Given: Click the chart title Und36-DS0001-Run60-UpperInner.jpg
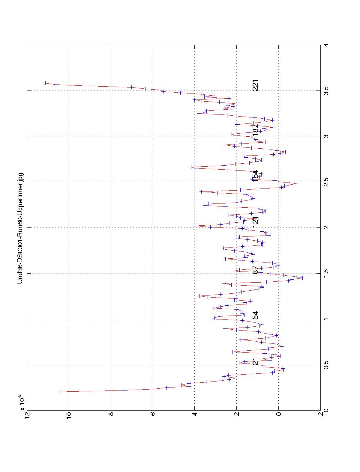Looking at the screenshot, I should pyautogui.click(x=20, y=228).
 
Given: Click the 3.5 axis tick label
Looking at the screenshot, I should pyautogui.click(x=325, y=91).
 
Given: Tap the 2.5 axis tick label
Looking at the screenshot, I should pyautogui.click(x=325, y=182).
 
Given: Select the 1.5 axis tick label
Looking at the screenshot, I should pyautogui.click(x=325, y=273).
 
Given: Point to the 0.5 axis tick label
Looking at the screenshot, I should pyautogui.click(x=325, y=365).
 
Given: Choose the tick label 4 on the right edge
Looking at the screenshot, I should pyautogui.click(x=325, y=45).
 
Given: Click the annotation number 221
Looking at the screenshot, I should pyautogui.click(x=255, y=85).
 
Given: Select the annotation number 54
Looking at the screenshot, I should pyautogui.click(x=255, y=316).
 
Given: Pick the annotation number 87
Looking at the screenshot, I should pyautogui.click(x=255, y=269).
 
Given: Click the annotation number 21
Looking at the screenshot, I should pyautogui.click(x=255, y=361).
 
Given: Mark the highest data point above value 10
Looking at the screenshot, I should pyautogui.click(x=45, y=83).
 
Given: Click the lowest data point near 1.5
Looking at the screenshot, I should pyautogui.click(x=303, y=278).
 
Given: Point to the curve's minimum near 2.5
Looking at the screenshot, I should pyautogui.click(x=296, y=183).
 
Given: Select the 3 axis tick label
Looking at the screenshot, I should pyautogui.click(x=325, y=136).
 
